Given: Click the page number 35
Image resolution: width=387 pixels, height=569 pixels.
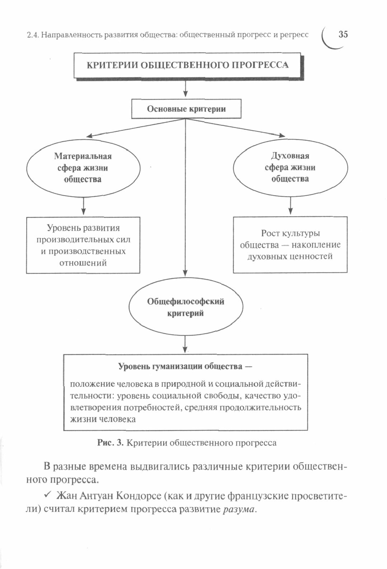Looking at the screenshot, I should click(343, 35).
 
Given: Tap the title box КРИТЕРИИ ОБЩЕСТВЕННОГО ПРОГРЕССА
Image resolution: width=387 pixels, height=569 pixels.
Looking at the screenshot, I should click(187, 65).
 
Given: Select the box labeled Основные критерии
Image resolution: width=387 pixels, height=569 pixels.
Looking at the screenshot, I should click(186, 109).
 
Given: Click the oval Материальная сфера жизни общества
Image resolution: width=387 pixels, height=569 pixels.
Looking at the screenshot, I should click(83, 168).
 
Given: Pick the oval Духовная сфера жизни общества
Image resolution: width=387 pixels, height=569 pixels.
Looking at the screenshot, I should click(290, 167).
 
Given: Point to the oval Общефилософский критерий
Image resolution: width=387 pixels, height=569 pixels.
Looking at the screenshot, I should click(185, 307).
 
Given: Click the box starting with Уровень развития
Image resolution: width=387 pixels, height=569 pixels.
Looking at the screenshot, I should click(83, 245).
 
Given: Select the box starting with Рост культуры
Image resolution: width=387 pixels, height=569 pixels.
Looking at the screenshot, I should click(290, 245).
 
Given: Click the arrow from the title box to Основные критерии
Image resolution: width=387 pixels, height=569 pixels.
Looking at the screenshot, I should click(185, 89).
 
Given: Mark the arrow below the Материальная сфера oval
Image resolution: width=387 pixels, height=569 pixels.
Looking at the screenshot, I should click(83, 207).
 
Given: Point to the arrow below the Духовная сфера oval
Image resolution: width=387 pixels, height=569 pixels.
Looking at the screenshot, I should click(290, 206).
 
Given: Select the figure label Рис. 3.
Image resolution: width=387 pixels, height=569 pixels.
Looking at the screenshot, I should click(110, 443).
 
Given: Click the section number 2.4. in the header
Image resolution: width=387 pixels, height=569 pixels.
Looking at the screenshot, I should click(33, 35).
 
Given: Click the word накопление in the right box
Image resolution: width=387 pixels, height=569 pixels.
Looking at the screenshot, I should click(316, 245).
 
